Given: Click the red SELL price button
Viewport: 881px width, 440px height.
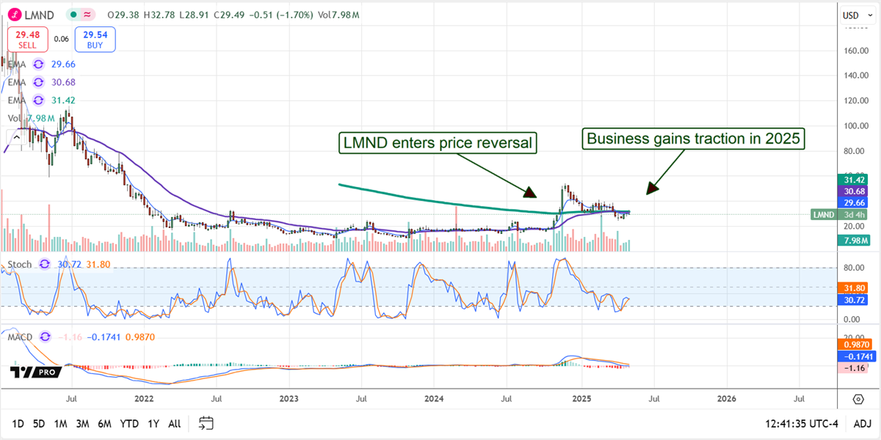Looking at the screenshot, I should click(27, 39).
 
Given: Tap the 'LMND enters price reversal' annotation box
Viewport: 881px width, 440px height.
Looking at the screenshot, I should click(438, 142).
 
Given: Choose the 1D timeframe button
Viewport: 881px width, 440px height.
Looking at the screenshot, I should click(18, 423).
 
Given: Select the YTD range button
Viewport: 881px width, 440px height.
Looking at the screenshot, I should click(130, 423).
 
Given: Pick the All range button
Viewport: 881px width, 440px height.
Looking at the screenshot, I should click(174, 423).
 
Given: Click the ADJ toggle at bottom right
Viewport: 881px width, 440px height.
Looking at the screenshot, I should click(862, 423).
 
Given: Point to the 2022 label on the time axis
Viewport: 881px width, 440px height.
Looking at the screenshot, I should click(144, 399).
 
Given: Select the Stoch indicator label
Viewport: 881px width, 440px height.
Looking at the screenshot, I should click(21, 263).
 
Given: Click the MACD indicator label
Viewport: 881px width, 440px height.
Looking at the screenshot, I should click(20, 337).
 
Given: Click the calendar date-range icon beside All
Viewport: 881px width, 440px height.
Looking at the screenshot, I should click(206, 423).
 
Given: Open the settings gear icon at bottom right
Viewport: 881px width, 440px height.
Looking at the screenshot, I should click(858, 399).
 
